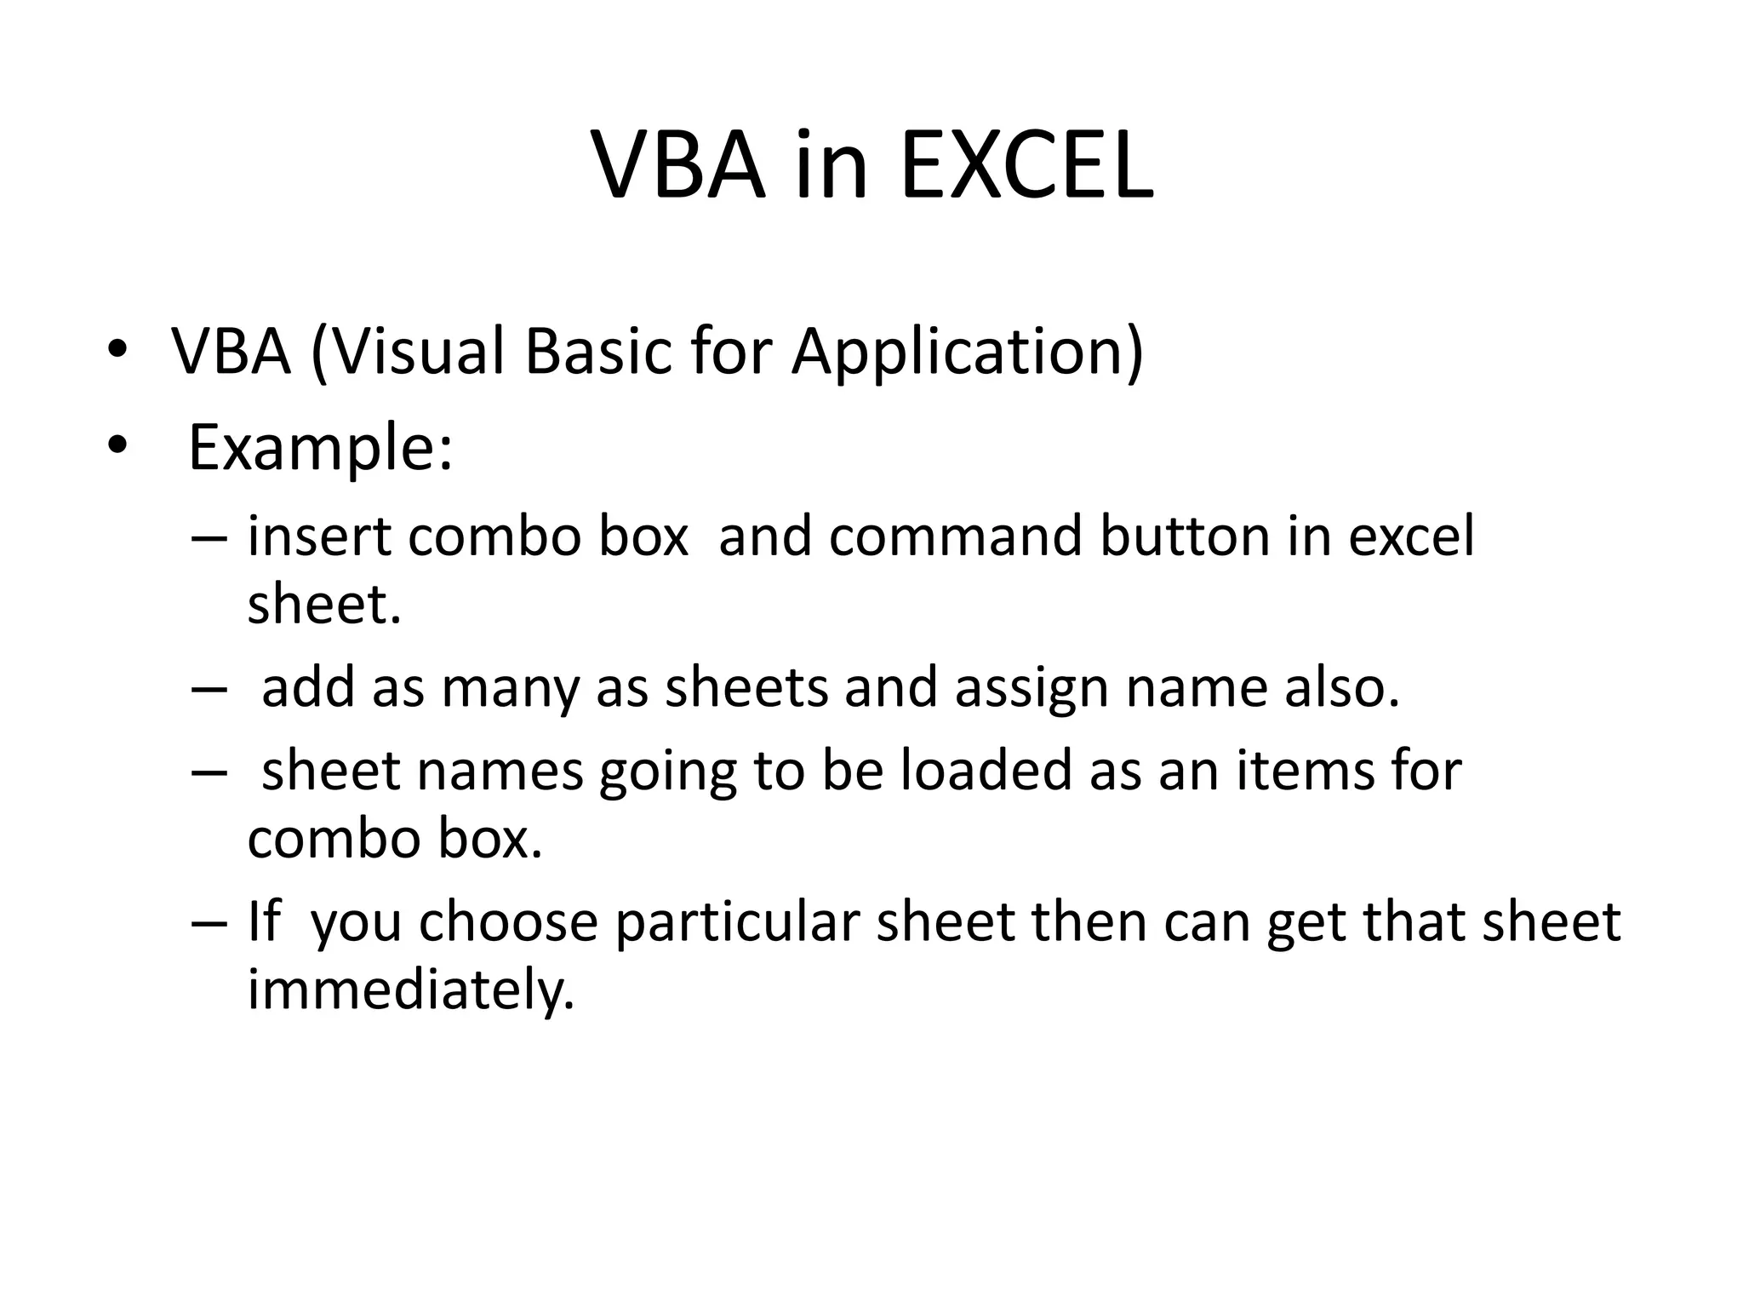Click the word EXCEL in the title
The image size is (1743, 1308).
pyautogui.click(x=1026, y=166)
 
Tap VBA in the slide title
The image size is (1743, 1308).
pyautogui.click(x=677, y=166)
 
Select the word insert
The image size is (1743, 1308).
pyautogui.click(x=319, y=536)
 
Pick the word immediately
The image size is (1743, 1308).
pyautogui.click(x=411, y=990)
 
